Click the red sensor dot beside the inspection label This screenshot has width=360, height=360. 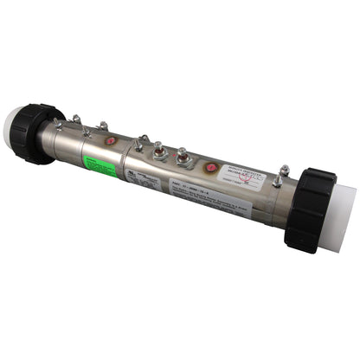pos(210,168)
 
